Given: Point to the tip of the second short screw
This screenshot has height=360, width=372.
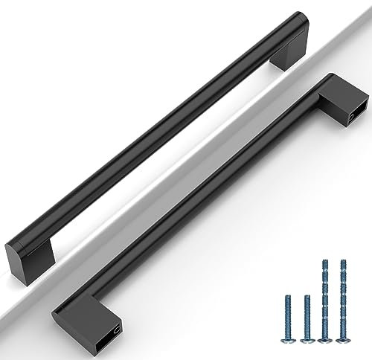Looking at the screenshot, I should (307, 297).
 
